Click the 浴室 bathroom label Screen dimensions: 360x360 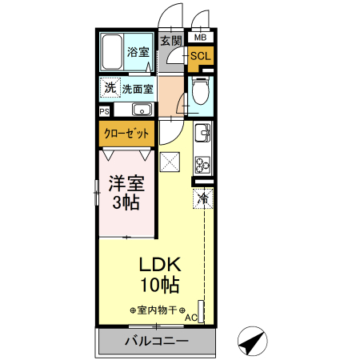coord(138,53)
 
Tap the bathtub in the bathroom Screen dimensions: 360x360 coord(112,53)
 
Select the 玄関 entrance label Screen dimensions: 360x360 coord(170,41)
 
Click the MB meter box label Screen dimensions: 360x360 coord(200,38)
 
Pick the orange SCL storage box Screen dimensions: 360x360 coord(200,56)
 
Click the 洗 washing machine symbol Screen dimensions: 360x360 coord(108,86)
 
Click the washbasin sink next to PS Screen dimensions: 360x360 coord(142,110)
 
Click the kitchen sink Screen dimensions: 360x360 coord(202,134)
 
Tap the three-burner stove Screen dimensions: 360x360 coord(202,163)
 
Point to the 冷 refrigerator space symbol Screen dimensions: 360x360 coord(203,197)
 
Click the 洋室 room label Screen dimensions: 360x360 coord(126,183)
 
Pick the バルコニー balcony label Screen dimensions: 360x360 coord(156,342)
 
